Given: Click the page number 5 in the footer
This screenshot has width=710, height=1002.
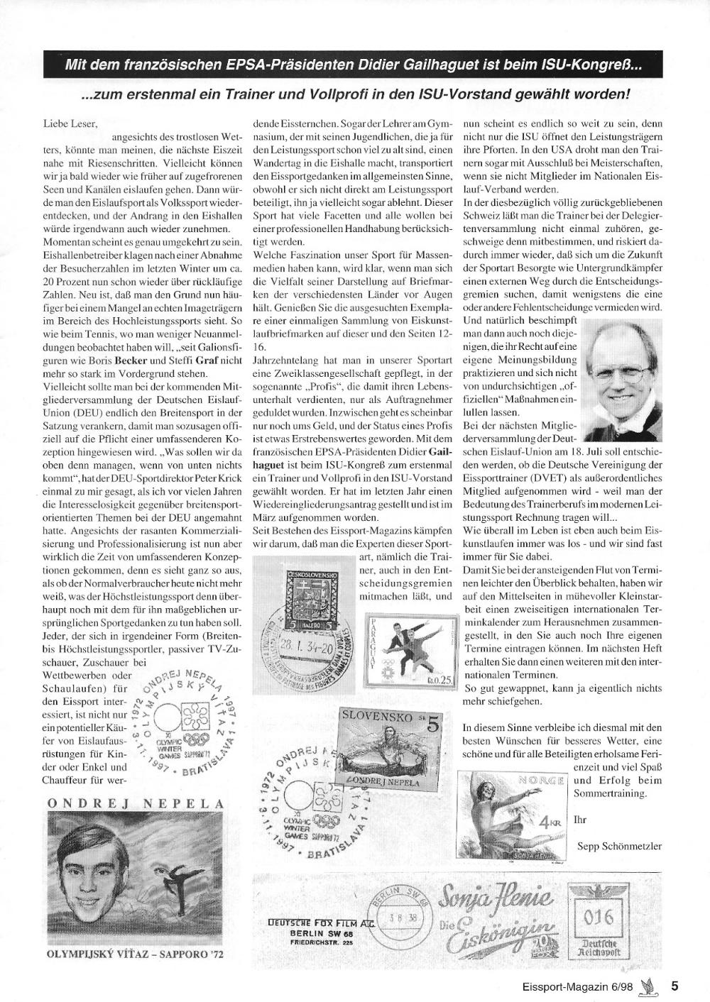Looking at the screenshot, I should coord(674,985).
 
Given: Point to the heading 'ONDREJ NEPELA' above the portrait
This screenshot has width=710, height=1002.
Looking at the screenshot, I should coord(136,803).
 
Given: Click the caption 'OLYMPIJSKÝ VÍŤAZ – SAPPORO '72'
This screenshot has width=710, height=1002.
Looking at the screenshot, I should coord(135,954).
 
